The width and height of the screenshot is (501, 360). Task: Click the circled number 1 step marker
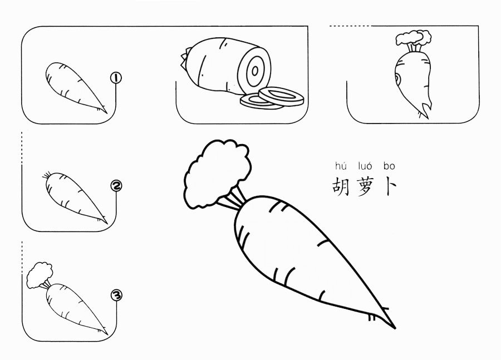coord(116,78)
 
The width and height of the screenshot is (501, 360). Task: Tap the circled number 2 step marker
coord(116,186)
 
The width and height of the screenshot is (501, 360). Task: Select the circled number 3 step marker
coord(116,295)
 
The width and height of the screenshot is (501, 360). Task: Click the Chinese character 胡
coord(341,186)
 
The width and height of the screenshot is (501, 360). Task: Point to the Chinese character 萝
coord(364,186)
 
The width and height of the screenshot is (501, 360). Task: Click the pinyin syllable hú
coord(341,166)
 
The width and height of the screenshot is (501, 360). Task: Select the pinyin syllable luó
coord(365,166)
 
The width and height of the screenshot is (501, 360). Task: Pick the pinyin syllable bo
coord(389,166)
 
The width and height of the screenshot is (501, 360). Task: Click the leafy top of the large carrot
coord(217,174)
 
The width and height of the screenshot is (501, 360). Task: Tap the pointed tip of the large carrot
coord(395,328)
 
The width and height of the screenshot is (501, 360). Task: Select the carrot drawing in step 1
coord(76,87)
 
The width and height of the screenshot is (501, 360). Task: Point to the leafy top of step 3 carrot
coord(40,275)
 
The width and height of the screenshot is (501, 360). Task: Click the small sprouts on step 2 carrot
coord(47,175)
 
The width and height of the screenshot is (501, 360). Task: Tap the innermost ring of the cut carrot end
coord(255,71)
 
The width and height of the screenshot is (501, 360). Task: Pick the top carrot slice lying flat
coord(281,96)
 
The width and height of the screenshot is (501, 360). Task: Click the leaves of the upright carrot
coord(414,38)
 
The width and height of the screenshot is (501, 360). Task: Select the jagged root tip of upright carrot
coord(424,110)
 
